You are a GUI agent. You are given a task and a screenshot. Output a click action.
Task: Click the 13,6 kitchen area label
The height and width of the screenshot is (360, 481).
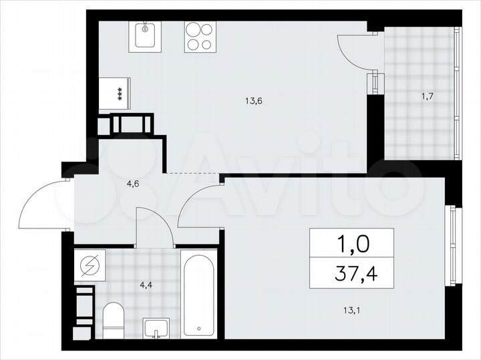tap(253, 102)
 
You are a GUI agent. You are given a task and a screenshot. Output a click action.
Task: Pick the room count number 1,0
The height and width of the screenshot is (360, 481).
tap(351, 243)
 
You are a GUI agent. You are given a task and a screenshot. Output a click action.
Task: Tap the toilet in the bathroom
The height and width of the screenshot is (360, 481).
tap(114, 319)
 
